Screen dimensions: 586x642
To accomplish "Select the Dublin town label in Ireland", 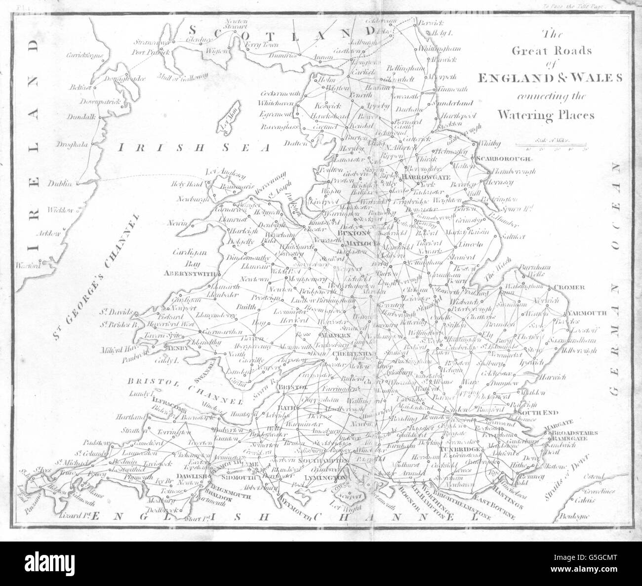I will click(60, 183).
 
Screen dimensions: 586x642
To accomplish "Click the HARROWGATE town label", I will click(425, 176).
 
